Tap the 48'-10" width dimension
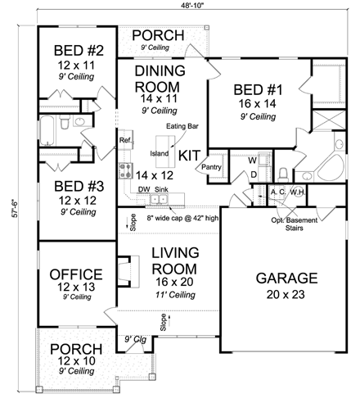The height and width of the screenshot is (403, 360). [x=182, y=7]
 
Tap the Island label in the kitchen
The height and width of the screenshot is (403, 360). [x=160, y=153]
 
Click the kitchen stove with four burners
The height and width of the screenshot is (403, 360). [x=127, y=171]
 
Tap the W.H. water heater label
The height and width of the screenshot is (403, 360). [x=297, y=192]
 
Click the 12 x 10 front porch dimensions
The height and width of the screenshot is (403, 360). [x=75, y=361]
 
